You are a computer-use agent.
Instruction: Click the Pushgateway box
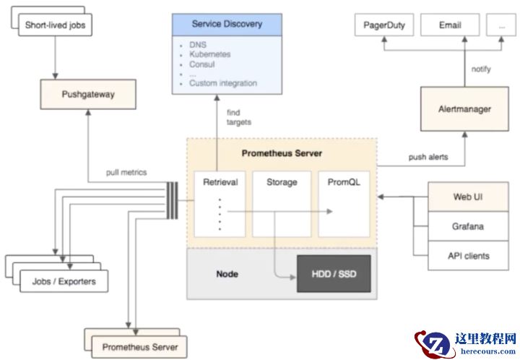point(88,95)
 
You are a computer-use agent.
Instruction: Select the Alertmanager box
point(465,109)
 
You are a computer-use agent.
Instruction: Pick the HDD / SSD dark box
point(333,275)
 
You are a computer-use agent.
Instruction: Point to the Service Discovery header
point(227,24)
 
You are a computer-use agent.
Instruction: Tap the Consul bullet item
point(201,64)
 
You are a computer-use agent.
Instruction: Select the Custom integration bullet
point(222,83)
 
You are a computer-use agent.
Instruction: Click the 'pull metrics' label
point(126,172)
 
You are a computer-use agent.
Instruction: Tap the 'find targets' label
point(239,117)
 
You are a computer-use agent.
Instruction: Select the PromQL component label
point(344,182)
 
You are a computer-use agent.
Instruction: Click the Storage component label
point(282,182)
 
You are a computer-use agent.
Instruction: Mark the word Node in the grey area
point(227,274)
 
